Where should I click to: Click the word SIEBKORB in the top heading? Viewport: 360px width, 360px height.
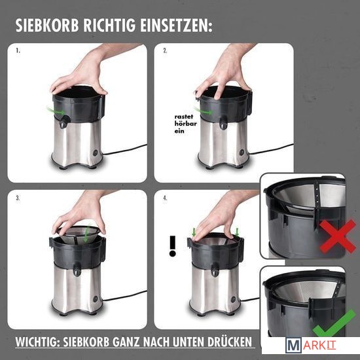coord(47,26)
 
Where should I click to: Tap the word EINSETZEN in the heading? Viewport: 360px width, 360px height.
coord(176,26)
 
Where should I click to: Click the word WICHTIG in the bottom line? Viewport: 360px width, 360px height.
coord(37,342)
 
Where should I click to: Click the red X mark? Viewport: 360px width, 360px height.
coord(338,236)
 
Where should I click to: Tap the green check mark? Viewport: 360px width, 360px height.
coord(334,323)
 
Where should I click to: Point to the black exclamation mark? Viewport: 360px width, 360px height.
coord(172,246)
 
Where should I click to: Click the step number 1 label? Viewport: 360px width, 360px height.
coord(18,50)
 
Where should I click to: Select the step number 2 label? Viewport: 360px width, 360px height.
coord(165,50)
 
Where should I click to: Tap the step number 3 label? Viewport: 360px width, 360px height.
coord(18,198)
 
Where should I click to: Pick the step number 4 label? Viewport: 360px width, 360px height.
coord(165,198)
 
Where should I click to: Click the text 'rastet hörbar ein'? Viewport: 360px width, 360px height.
coord(185,124)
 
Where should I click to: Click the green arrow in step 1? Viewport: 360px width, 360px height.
coord(56,111)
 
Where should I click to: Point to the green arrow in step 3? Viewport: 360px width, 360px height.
coord(86,234)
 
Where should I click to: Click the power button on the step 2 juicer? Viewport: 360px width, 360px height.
coord(242,153)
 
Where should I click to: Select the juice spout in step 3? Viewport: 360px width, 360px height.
coord(77,269)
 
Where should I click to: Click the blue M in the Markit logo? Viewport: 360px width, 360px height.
coord(293,345)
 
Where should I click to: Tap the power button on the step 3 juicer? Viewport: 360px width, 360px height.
coord(96,298)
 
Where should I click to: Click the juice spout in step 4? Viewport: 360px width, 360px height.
coord(215,270)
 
